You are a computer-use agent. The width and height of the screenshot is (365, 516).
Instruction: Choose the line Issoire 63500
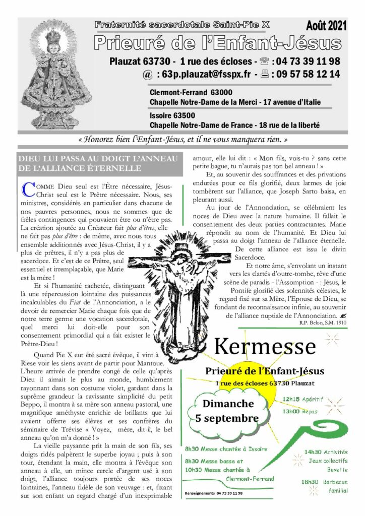pyautogui.click(x=172, y=116)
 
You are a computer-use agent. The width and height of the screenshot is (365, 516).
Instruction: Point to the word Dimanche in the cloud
pyautogui.click(x=228, y=404)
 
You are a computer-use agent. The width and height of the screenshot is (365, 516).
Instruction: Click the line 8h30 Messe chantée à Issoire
pyautogui.click(x=226, y=448)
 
